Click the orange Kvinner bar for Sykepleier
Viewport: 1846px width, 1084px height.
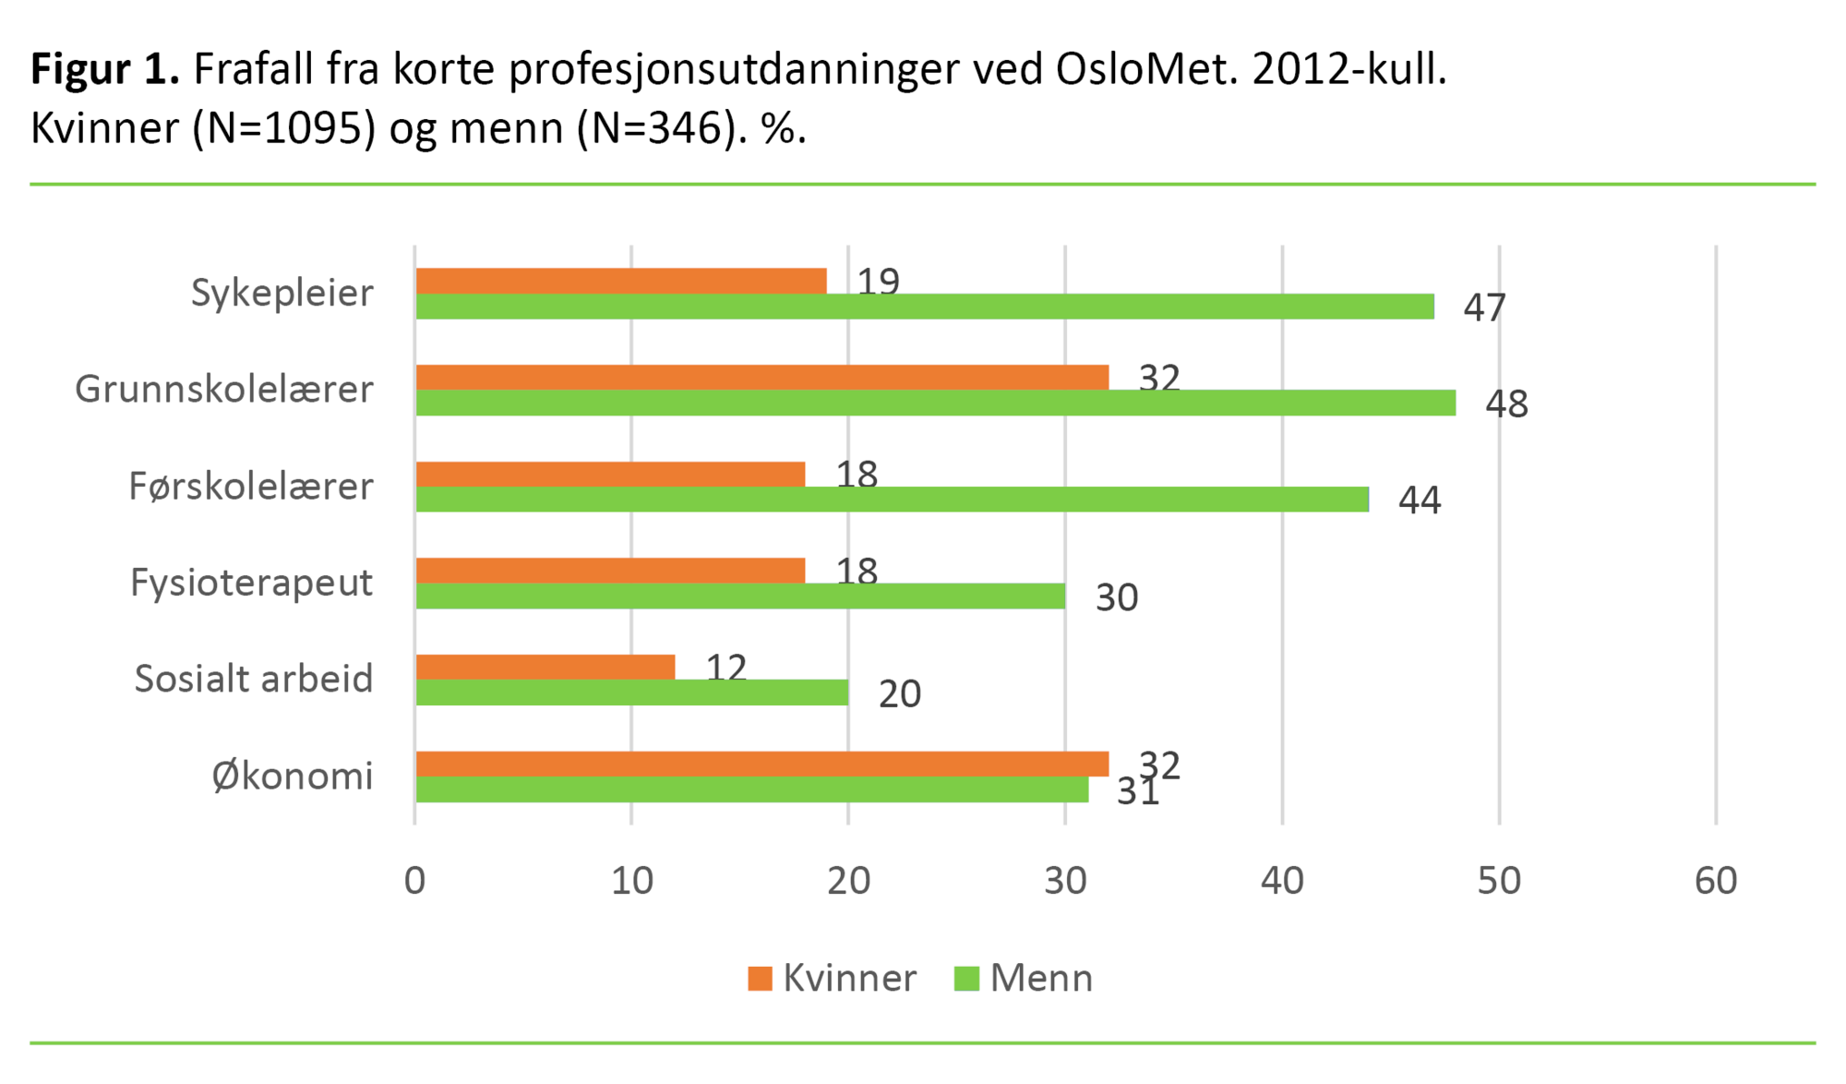click(621, 281)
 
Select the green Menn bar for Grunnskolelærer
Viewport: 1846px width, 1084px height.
click(935, 403)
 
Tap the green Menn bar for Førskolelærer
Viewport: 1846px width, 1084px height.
click(892, 500)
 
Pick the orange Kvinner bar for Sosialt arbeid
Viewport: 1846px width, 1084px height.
click(545, 667)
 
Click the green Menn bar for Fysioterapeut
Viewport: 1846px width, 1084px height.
click(740, 596)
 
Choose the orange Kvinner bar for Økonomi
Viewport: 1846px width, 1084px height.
click(762, 764)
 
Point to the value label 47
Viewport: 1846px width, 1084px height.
click(1484, 308)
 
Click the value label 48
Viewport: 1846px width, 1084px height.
click(1506, 404)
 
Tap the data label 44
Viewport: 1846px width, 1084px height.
click(1420, 500)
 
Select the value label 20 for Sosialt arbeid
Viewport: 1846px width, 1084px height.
click(899, 694)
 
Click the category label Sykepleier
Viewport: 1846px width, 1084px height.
click(282, 294)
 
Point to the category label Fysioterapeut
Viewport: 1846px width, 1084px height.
click(251, 584)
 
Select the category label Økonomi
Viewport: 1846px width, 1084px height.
click(293, 777)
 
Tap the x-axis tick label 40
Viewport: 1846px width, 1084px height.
click(1282, 882)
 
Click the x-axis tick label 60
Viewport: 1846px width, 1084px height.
click(1716, 882)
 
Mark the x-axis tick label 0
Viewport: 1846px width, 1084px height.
click(415, 882)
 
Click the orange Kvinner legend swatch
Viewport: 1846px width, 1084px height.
click(760, 979)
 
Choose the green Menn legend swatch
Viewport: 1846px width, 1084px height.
click(966, 979)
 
